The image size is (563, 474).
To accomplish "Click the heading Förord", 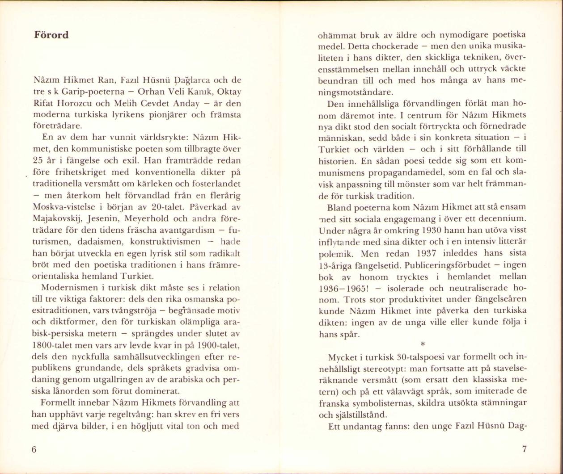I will tap(51, 35).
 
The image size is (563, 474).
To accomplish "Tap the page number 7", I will tap(524, 449).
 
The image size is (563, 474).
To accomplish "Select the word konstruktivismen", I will tap(165, 242).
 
